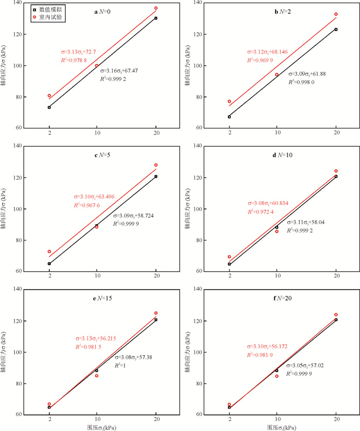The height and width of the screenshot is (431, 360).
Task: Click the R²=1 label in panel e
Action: click(122, 365)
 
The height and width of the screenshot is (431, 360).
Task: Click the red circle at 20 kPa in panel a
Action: click(156, 8)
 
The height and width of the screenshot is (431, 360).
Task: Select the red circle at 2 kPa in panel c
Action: click(49, 252)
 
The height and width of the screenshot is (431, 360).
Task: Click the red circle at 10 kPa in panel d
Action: click(277, 231)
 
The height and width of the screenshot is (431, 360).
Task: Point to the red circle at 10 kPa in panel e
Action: click(97, 376)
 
